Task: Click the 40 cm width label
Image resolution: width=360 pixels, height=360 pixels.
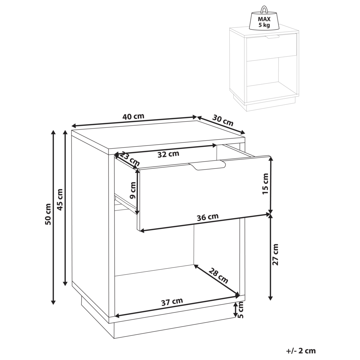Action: [133, 116]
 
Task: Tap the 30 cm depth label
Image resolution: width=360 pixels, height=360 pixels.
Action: [223, 121]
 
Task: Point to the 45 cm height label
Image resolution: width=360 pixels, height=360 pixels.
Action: [60, 199]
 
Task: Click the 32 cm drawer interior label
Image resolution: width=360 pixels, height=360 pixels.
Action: [168, 154]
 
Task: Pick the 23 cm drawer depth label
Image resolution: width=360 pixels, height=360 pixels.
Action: [130, 159]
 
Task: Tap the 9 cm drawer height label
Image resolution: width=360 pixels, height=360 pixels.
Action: [132, 190]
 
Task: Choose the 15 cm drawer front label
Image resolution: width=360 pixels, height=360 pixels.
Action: [265, 184]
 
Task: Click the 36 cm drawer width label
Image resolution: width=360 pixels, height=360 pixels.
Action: [208, 217]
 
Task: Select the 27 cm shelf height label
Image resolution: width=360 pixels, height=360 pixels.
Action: [275, 255]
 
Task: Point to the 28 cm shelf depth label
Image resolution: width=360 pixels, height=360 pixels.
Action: [219, 275]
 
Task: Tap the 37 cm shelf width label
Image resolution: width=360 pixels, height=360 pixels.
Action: [172, 302]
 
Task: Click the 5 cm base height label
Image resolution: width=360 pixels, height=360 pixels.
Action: [240, 310]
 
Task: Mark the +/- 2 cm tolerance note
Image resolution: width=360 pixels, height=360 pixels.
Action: [301, 351]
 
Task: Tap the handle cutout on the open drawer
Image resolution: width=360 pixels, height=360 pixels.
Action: [208, 166]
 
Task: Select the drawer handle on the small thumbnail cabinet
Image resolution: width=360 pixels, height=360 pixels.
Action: [272, 37]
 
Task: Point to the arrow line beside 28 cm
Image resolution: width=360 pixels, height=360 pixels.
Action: [217, 280]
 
